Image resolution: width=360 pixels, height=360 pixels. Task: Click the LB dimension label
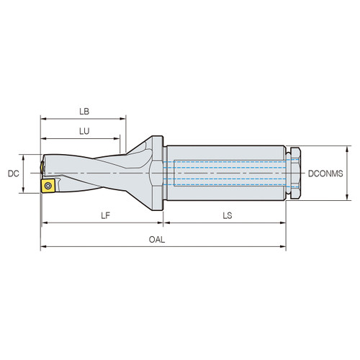click(x=84, y=112)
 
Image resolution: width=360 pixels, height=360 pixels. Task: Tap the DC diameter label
click(x=12, y=174)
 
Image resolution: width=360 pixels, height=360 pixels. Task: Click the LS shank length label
click(x=227, y=215)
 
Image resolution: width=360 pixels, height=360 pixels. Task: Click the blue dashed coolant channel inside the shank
click(x=223, y=163)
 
